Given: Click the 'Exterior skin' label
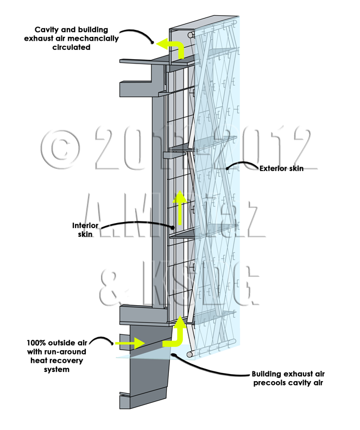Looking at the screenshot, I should [x=281, y=168].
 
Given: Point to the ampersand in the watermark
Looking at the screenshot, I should [x=116, y=284].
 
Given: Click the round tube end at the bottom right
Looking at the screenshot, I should [x=190, y=355].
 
